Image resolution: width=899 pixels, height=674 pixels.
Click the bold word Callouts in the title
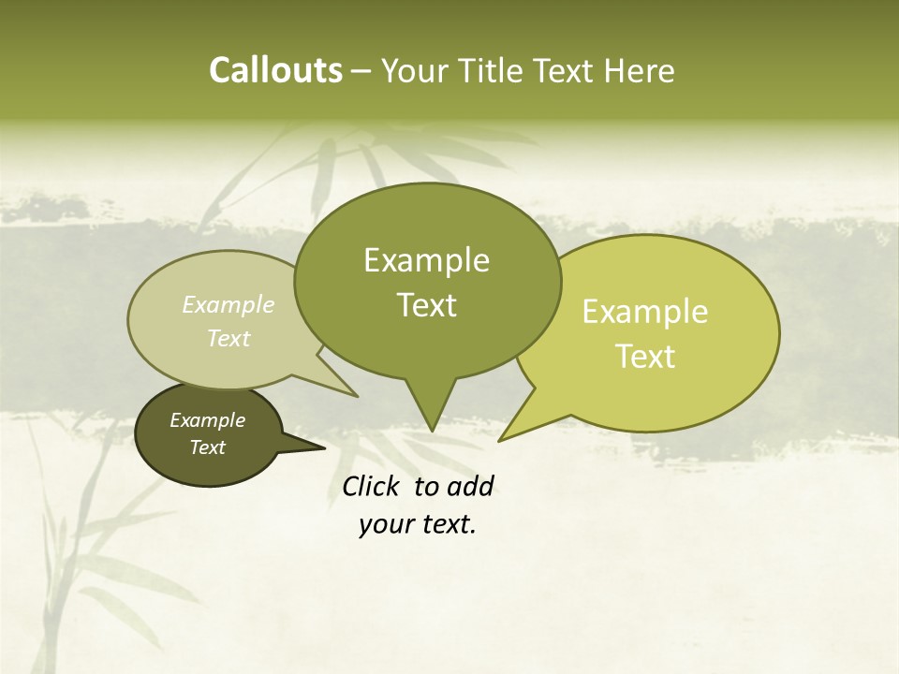click(275, 70)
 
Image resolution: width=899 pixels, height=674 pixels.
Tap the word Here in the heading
click(641, 70)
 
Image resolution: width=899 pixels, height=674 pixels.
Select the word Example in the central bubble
click(426, 260)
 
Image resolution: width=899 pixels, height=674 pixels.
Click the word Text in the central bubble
click(426, 304)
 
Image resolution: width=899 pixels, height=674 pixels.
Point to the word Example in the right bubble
click(645, 312)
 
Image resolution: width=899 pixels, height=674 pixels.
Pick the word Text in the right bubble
click(645, 356)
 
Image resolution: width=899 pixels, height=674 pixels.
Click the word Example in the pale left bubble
click(228, 304)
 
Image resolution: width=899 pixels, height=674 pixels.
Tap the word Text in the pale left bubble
click(228, 338)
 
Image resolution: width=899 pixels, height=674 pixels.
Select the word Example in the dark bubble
click(207, 420)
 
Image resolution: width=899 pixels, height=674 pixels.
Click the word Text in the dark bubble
click(207, 447)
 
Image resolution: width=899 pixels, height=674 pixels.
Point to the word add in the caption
click(470, 486)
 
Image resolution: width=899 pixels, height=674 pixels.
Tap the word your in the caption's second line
click(384, 524)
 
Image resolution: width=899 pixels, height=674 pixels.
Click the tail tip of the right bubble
click(504, 437)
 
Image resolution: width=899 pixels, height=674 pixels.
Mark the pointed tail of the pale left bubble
click(350, 392)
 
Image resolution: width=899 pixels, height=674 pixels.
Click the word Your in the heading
click(413, 70)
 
